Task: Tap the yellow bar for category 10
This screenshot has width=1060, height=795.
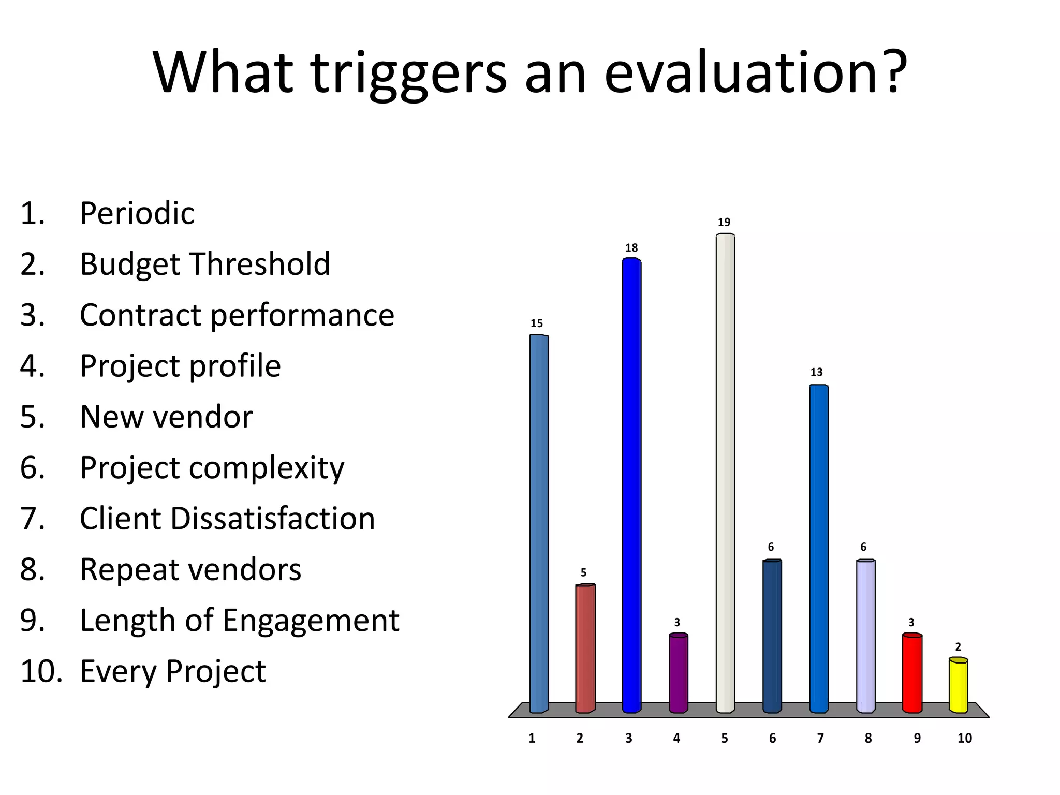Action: [958, 685]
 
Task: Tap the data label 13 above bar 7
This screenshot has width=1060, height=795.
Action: [816, 372]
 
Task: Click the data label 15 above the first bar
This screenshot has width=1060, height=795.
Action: [537, 323]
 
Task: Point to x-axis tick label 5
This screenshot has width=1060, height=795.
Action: [725, 738]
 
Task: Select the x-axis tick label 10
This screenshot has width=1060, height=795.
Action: [964, 738]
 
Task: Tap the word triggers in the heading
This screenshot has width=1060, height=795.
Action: [409, 73]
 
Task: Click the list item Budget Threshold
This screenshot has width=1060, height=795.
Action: [205, 264]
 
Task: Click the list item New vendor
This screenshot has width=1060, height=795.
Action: [166, 417]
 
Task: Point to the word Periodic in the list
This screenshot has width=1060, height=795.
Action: [137, 213]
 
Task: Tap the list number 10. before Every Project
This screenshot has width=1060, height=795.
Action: [41, 671]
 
